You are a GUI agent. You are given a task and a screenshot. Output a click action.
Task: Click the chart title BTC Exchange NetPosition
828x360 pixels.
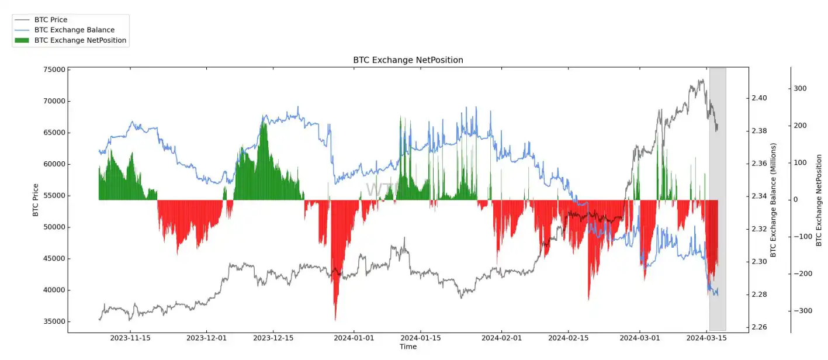408,60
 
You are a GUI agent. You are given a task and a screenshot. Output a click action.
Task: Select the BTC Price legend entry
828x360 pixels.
50,20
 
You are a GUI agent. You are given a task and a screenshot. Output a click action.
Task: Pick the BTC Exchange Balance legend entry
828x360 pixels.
74,30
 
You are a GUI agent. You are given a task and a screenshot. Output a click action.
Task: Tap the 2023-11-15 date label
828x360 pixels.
130,338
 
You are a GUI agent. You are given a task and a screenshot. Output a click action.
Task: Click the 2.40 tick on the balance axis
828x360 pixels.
760,98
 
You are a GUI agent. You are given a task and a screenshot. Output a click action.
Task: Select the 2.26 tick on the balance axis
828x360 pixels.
760,327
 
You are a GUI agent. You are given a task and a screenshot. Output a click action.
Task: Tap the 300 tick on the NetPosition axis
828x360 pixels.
800,89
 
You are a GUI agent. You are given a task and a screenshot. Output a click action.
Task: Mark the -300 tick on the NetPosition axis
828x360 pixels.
798,311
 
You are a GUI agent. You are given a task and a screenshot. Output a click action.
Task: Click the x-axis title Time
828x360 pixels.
408,347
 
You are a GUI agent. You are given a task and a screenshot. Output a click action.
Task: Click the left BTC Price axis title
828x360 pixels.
36,200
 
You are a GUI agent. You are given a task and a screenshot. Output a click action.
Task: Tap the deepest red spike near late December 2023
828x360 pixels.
335,319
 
